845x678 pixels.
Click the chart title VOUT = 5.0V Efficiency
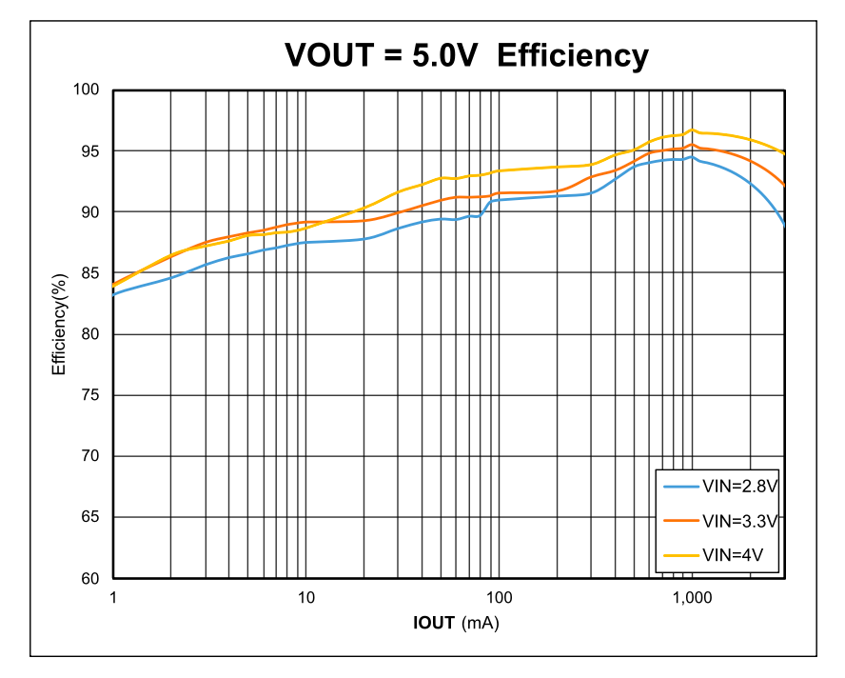click(466, 55)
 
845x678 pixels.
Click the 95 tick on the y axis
click(90, 150)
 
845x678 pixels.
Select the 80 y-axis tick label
click(90, 334)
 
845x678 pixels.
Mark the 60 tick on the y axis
click(90, 578)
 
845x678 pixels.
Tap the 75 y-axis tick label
click(90, 395)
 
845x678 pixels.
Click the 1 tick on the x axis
click(113, 597)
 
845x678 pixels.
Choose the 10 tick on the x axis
click(305, 597)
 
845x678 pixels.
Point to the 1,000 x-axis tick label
click(692, 597)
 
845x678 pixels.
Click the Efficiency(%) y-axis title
click(59, 324)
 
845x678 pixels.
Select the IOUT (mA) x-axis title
click(456, 623)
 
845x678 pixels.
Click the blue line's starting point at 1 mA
click(114, 294)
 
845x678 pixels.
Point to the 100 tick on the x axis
click(499, 597)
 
